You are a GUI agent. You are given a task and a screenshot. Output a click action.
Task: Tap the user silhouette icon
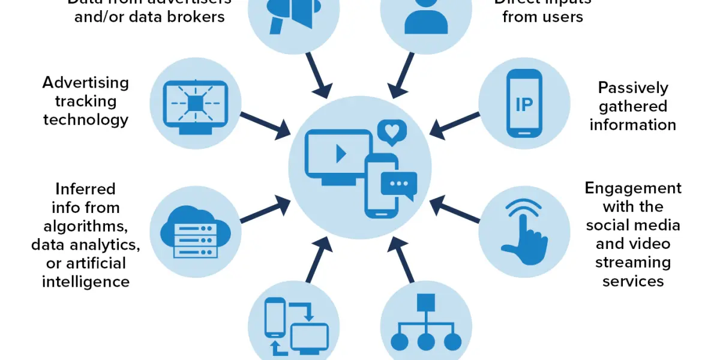pos(426,15)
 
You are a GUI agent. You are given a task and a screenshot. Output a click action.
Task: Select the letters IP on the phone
pos(524,104)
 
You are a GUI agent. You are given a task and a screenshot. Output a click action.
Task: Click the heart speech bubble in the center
pos(391,133)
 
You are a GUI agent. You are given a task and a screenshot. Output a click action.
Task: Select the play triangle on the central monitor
pos(341,154)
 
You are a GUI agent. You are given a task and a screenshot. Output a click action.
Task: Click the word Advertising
pos(85,82)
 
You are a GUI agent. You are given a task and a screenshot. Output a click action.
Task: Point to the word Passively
pos(632,88)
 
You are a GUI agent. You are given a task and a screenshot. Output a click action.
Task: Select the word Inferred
pos(85,189)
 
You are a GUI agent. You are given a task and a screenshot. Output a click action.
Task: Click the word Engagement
pos(633,188)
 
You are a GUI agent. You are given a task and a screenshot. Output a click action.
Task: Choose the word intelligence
pos(85,281)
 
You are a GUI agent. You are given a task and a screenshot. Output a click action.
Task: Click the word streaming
pos(633,262)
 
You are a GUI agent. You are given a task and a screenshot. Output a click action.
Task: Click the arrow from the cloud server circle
pos(265,212)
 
